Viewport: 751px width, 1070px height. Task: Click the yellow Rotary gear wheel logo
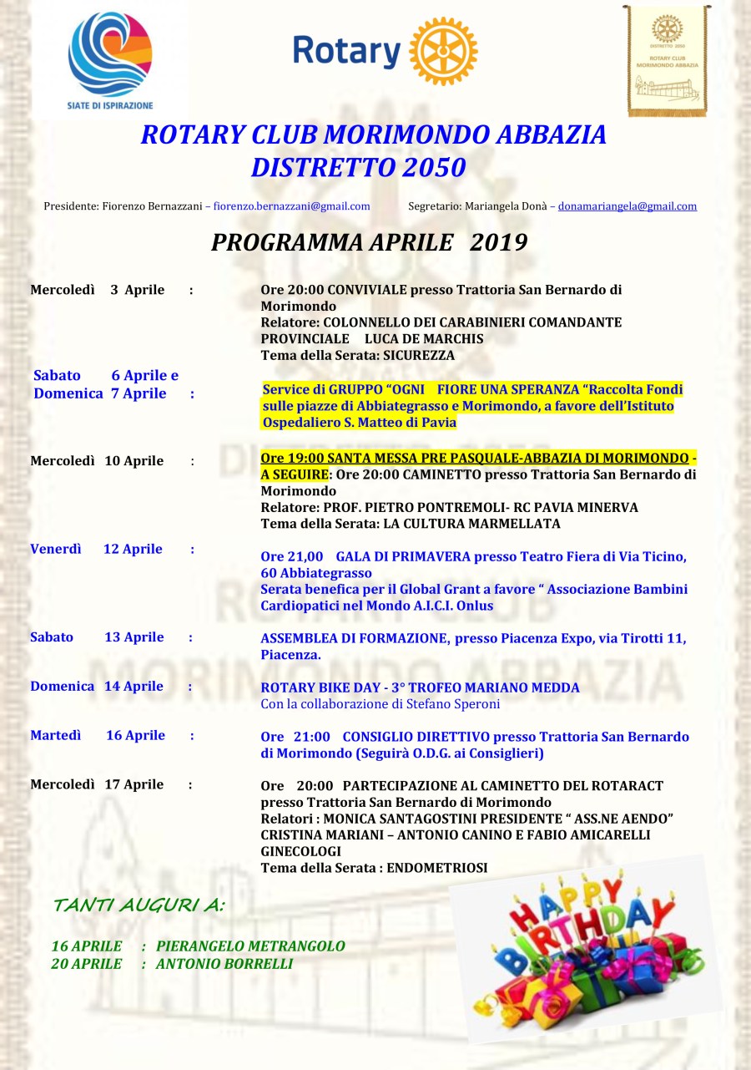tap(443, 51)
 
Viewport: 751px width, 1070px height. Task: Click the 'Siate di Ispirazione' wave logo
tap(110, 54)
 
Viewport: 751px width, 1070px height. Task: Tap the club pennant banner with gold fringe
tap(667, 59)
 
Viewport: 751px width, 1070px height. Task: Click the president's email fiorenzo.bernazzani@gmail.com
tap(291, 206)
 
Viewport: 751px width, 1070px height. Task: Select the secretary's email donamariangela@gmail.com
tap(627, 206)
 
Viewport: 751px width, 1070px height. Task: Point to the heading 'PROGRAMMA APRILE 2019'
tap(369, 242)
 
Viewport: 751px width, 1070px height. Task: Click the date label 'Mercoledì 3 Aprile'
tap(97, 290)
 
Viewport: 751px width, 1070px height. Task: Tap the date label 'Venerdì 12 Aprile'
tap(96, 549)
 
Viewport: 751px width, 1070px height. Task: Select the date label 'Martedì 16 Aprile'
tap(98, 735)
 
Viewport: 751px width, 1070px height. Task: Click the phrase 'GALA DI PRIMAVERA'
tap(390, 556)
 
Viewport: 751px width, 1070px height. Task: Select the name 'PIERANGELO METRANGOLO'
tap(250, 946)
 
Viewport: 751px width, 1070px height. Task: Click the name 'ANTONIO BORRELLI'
tap(224, 963)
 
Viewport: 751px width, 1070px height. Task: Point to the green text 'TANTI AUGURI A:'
tap(139, 905)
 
